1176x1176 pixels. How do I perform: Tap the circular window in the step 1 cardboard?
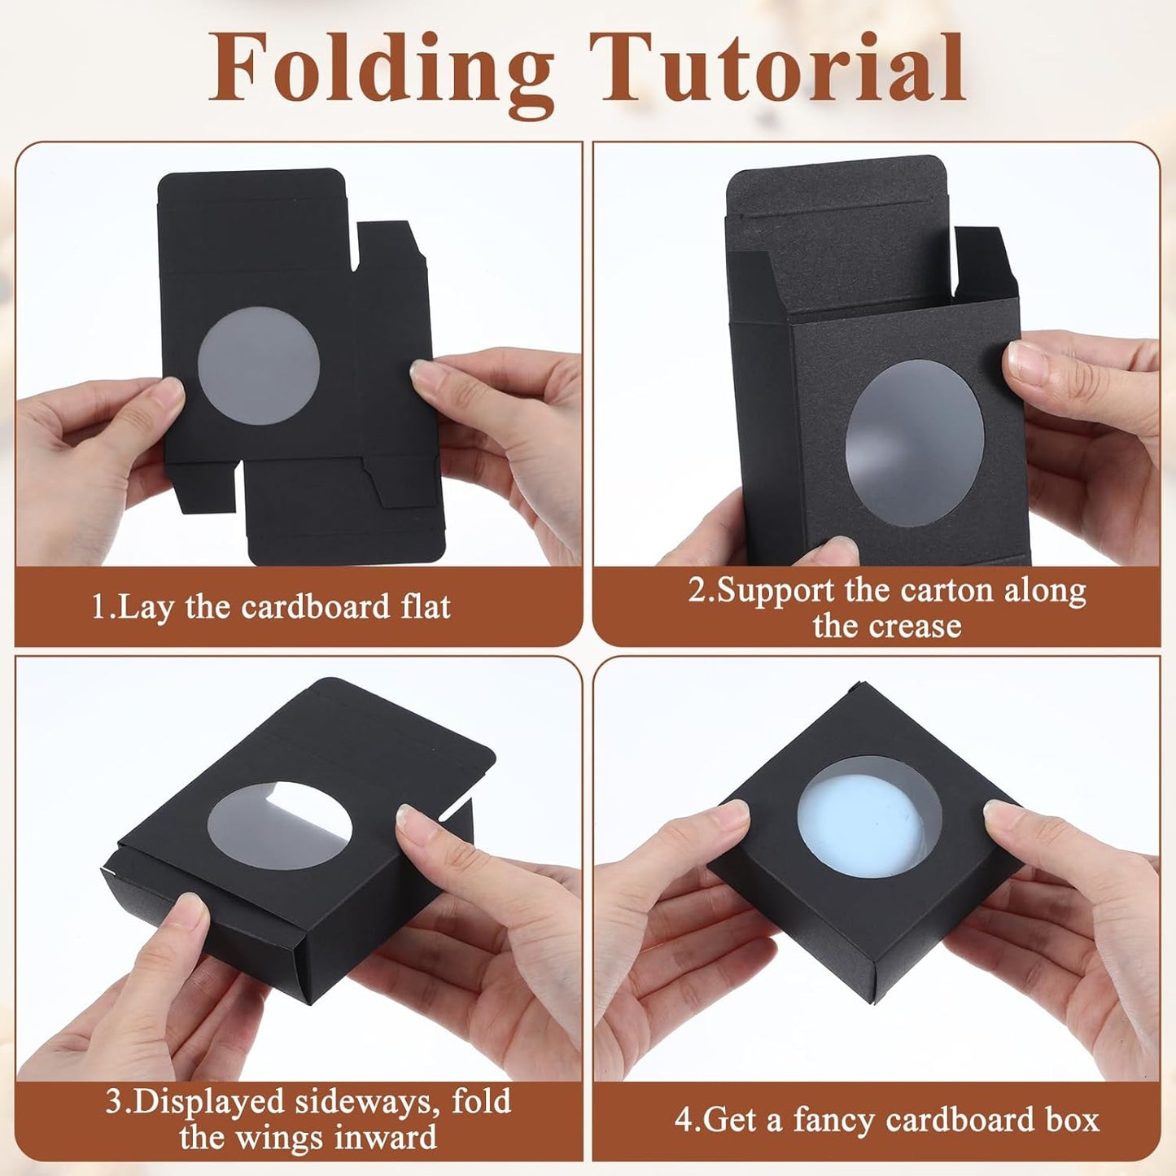click(x=259, y=365)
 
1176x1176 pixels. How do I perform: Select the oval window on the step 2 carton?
click(x=915, y=443)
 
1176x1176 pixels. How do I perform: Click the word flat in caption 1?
click(x=425, y=607)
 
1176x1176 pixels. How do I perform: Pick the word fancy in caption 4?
click(x=833, y=1120)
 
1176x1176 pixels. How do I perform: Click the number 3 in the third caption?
click(x=114, y=1102)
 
